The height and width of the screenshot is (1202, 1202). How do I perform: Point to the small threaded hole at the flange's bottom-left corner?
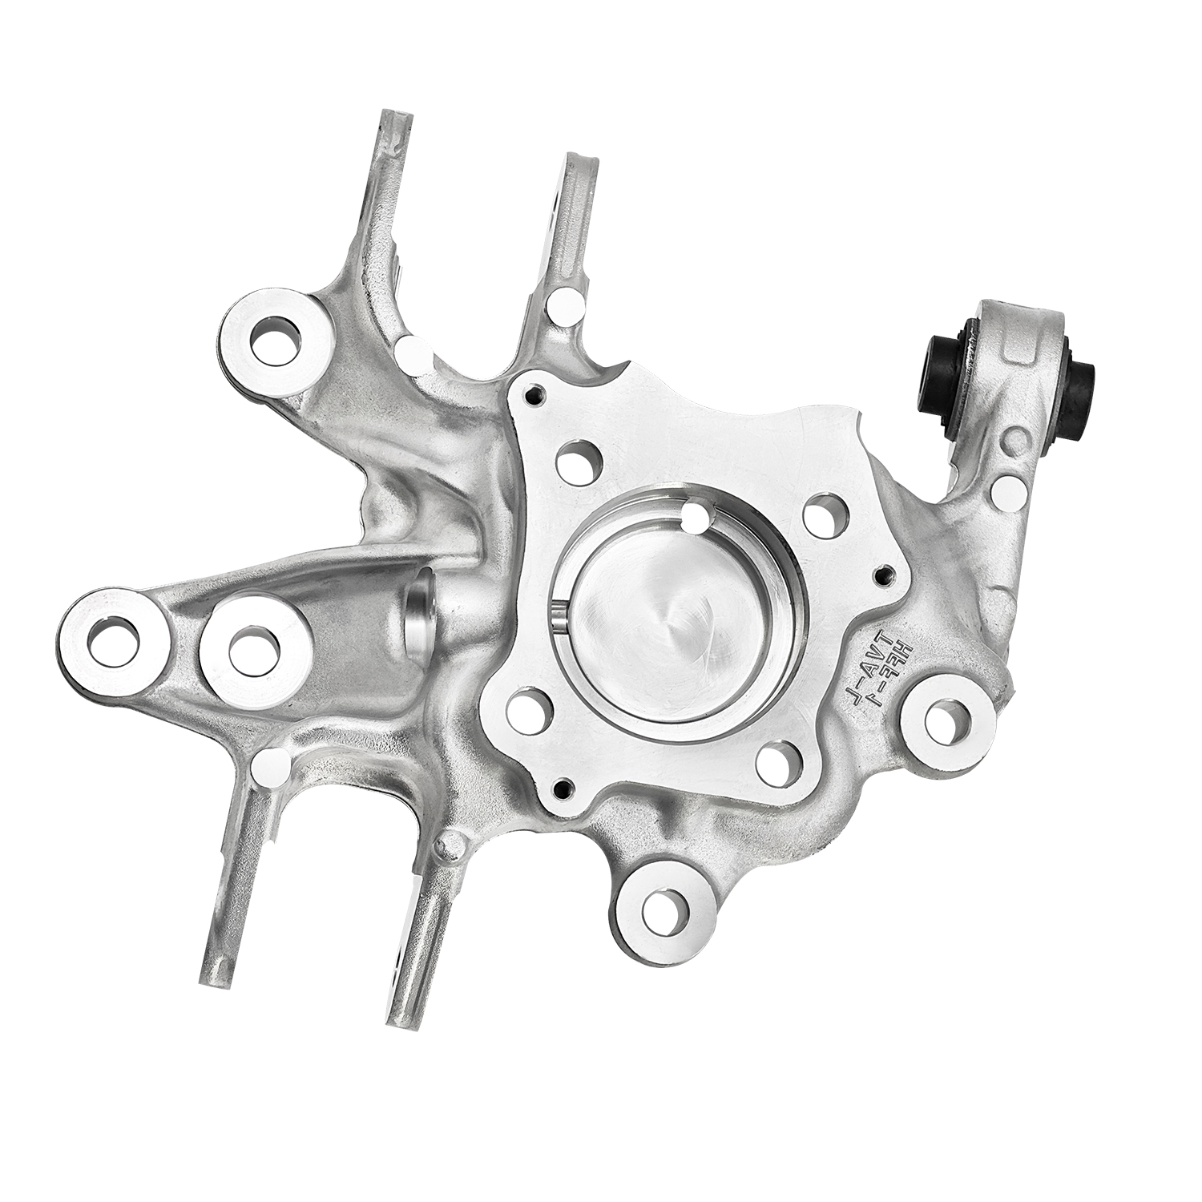point(562,787)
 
